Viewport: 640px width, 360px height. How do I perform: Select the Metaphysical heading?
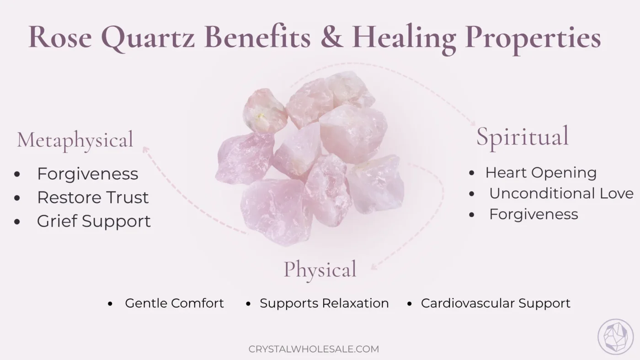pos(75,140)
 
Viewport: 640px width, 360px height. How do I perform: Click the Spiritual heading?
pos(523,136)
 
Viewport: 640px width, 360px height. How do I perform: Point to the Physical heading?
pos(320,269)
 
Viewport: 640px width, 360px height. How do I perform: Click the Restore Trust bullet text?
pos(93,197)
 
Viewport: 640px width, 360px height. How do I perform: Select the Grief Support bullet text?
pos(94,221)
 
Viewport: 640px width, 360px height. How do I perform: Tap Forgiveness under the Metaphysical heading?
pos(87,174)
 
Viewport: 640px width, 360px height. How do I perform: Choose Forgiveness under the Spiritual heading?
pos(533,214)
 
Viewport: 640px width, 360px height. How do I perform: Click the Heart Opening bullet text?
pos(541,173)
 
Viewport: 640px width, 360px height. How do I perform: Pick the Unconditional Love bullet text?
pos(561,193)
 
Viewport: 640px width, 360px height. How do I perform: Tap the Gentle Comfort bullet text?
pos(174,303)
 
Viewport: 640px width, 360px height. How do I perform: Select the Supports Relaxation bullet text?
pos(324,303)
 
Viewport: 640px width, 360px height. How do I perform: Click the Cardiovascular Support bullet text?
pos(496,303)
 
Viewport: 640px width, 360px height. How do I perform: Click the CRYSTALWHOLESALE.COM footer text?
pos(314,349)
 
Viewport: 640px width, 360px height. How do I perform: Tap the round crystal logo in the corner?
pos(615,337)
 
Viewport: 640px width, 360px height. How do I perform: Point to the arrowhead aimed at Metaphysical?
pos(145,149)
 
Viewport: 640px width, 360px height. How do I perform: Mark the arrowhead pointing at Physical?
pos(374,267)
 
